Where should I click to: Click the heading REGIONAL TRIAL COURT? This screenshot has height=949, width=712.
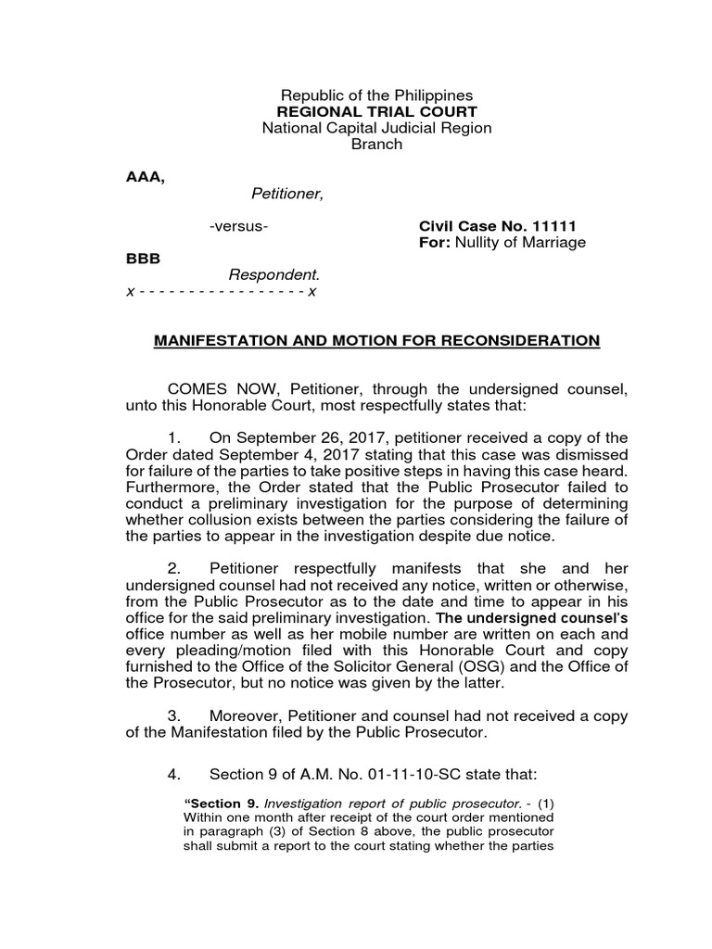[376, 112]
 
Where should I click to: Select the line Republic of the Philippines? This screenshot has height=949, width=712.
[376, 95]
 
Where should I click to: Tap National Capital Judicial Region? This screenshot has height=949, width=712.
[376, 128]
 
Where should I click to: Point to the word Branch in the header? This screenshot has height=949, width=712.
[376, 145]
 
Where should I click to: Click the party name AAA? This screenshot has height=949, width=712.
[145, 177]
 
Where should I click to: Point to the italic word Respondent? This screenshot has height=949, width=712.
[273, 275]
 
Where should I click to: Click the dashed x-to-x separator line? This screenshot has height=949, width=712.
[222, 292]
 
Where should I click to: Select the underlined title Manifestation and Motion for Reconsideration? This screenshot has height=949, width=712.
[376, 341]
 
